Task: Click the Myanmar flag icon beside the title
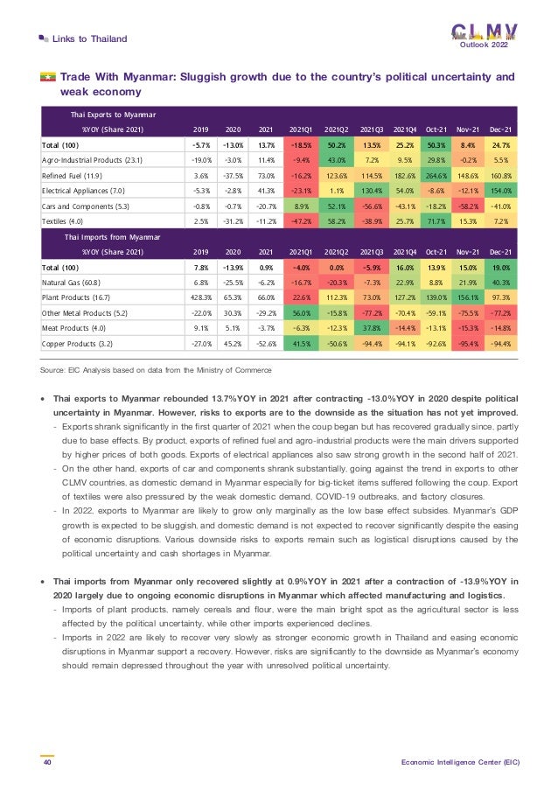pyautogui.click(x=47, y=78)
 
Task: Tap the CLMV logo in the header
pyautogui.click(x=484, y=31)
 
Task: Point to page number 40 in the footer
pyautogui.click(x=45, y=762)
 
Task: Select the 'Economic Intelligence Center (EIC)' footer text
pyautogui.click(x=460, y=762)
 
